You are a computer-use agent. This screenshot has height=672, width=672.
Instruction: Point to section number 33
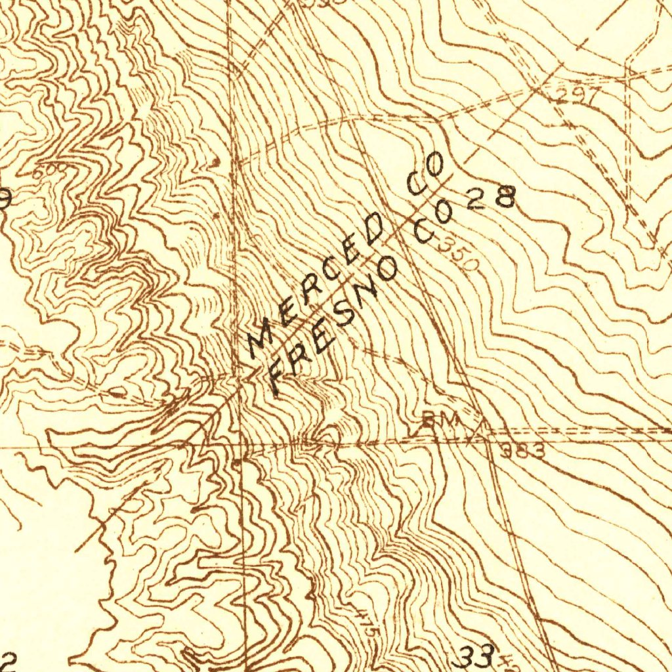click(476, 656)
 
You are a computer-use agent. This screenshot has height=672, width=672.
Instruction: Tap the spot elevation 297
click(576, 96)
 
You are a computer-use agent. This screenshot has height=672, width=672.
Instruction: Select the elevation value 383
click(522, 451)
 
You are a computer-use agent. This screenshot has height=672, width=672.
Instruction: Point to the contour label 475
click(367, 620)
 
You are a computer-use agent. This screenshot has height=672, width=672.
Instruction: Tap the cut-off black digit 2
click(7, 660)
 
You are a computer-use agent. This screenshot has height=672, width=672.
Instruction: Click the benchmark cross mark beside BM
click(474, 434)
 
